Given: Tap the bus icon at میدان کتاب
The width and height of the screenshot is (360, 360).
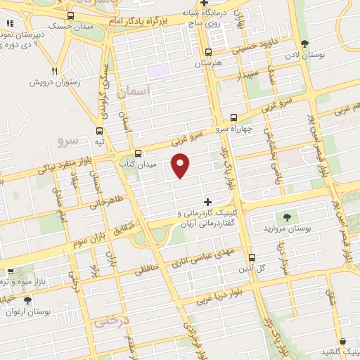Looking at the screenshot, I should point(138,153).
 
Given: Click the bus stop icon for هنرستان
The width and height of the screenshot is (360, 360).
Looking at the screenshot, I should point(207,52).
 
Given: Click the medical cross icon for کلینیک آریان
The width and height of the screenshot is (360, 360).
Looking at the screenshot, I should point(207,202).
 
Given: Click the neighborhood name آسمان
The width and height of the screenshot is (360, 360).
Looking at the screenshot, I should point(136,91).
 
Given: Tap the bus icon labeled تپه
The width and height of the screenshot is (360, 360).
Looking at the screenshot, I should point(99,131).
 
